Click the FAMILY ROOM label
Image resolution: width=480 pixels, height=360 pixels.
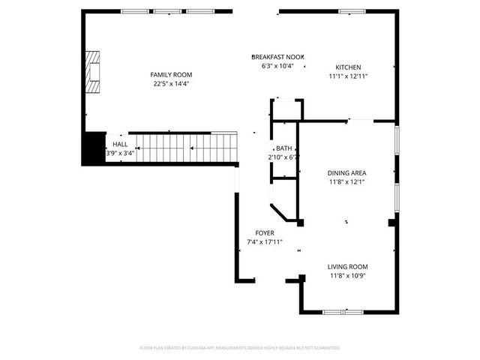(171, 74)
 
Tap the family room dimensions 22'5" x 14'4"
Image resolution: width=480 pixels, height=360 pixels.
(171, 83)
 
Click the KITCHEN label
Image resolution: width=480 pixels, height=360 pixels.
(348, 67)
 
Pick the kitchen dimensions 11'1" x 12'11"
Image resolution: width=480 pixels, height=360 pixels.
(348, 76)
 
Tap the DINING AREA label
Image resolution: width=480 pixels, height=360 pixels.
(346, 172)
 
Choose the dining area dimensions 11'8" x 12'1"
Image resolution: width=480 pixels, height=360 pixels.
(346, 181)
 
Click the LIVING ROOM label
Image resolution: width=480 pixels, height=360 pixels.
(347, 266)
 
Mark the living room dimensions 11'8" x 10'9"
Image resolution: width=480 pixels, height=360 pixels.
(347, 275)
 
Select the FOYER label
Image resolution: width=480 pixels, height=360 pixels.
(264, 233)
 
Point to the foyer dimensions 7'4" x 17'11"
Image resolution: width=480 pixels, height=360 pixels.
(264, 242)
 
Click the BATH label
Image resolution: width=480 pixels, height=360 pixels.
(283, 148)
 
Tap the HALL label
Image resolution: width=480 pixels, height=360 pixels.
(120, 144)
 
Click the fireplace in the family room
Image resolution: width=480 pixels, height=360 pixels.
(91, 71)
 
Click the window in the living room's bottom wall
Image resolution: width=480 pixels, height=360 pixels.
(343, 311)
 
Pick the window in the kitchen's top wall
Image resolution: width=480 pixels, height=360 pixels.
(351, 11)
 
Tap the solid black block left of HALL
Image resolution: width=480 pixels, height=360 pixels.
(94, 148)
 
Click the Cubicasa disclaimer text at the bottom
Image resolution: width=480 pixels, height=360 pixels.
(240, 348)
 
